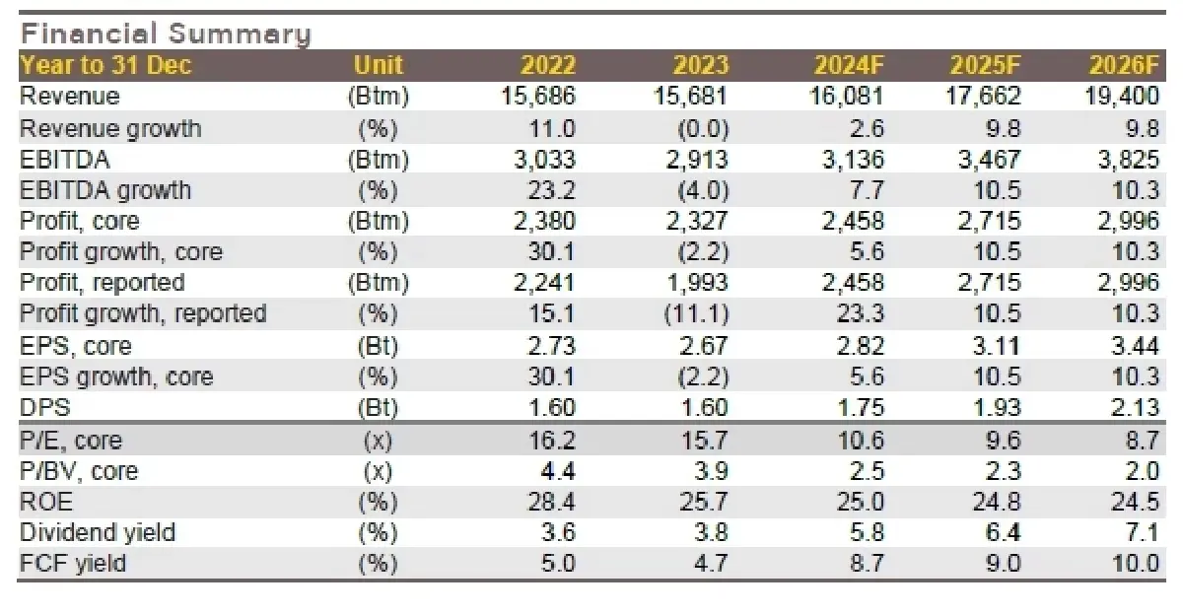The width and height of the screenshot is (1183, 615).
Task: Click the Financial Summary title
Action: pos(166,34)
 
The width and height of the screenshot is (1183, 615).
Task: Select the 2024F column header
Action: pos(849,66)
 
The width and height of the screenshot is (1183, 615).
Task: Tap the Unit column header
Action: pos(378,66)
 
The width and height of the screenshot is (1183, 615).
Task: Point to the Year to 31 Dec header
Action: pos(105,66)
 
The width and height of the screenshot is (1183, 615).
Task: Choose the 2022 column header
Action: pos(548,66)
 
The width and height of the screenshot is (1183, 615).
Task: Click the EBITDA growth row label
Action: pos(105,190)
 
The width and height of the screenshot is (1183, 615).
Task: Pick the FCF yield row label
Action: pos(73,564)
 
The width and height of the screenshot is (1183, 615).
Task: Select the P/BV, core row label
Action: pos(79,471)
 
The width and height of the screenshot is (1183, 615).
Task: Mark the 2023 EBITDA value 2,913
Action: pos(692,159)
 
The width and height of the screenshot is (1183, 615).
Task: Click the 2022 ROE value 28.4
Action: pos(551,502)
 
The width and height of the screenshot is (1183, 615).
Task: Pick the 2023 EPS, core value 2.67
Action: pos(704,346)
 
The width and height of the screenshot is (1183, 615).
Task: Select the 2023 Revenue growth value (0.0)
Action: pos(700,128)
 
